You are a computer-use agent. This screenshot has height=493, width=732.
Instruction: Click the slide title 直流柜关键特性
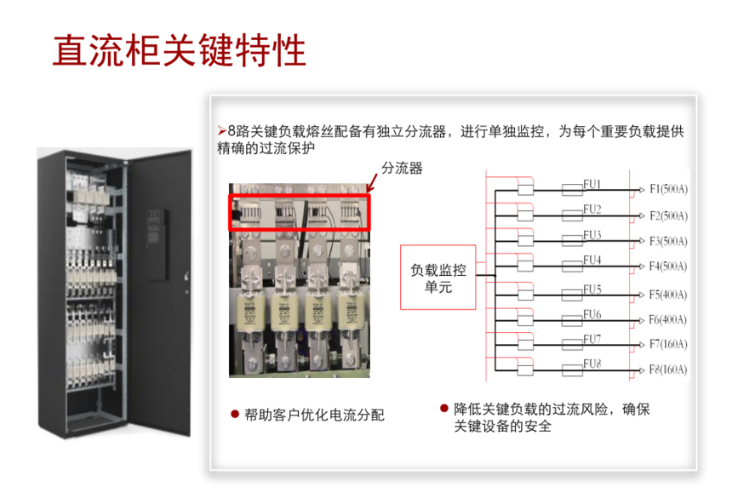(x=180, y=50)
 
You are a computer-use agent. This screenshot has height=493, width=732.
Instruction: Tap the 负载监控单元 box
(x=437, y=278)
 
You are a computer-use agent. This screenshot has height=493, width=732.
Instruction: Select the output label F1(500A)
(x=668, y=189)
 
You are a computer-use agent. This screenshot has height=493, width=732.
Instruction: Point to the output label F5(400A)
(x=668, y=295)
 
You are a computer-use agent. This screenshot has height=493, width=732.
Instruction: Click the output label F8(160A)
(x=668, y=370)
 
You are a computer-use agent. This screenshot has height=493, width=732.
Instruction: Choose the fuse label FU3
(x=592, y=234)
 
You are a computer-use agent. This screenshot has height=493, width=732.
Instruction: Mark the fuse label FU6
(x=592, y=314)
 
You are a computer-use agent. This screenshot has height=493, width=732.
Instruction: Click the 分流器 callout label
(x=402, y=168)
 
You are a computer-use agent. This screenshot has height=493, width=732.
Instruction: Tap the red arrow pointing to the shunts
(x=372, y=182)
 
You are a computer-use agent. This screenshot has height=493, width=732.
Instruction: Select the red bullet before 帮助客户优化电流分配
(x=235, y=414)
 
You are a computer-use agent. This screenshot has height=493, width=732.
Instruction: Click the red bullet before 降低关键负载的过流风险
(x=444, y=409)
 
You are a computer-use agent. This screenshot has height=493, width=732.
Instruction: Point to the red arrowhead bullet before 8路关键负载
(x=222, y=131)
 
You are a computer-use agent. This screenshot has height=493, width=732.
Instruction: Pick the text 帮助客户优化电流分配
(x=314, y=415)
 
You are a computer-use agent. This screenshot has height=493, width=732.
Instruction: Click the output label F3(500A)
(x=668, y=241)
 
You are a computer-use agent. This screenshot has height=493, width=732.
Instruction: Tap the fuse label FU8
(x=592, y=364)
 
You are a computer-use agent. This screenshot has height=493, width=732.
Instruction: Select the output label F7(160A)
(x=668, y=345)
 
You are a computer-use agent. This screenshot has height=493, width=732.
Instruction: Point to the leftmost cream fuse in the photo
(x=251, y=312)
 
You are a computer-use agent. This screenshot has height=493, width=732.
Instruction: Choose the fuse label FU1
(x=592, y=184)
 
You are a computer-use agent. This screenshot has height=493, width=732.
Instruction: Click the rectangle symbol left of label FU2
(x=572, y=215)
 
